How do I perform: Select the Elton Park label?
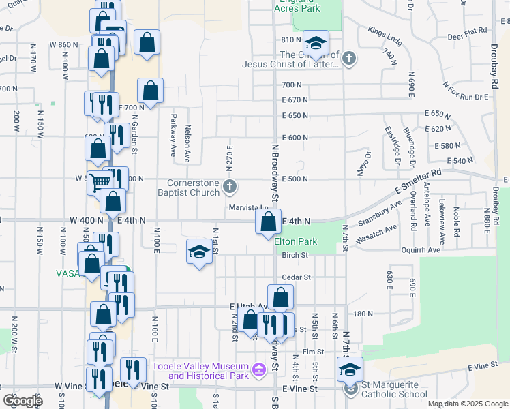click(x=296, y=241)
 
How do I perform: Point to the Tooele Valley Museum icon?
click(x=258, y=371)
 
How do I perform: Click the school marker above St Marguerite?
click(x=350, y=370)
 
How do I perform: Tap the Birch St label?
click(x=295, y=256)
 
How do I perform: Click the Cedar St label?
click(x=296, y=277)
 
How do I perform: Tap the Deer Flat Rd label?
click(x=467, y=31)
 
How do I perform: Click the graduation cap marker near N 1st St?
click(x=198, y=252)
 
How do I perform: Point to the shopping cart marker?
click(x=100, y=181)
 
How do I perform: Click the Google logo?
click(x=22, y=401)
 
